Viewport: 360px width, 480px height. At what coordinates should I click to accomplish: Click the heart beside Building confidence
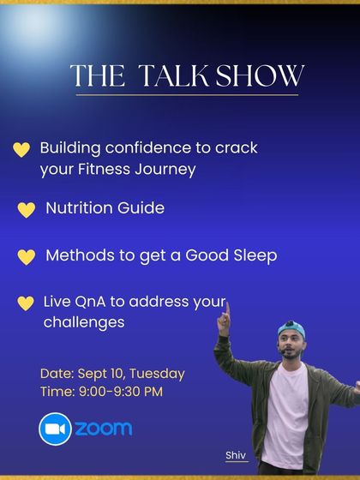22,150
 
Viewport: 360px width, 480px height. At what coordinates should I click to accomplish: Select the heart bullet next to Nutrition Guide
27,210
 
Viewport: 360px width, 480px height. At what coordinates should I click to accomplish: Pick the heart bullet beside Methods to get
27,257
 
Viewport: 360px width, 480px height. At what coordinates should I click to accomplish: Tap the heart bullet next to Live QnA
26,303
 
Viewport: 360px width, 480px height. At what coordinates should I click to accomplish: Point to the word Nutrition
80,208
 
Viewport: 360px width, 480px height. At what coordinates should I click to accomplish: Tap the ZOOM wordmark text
103,429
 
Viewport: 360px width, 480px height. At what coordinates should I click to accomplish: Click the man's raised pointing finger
225,306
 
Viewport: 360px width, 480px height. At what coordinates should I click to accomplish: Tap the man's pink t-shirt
286,411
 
